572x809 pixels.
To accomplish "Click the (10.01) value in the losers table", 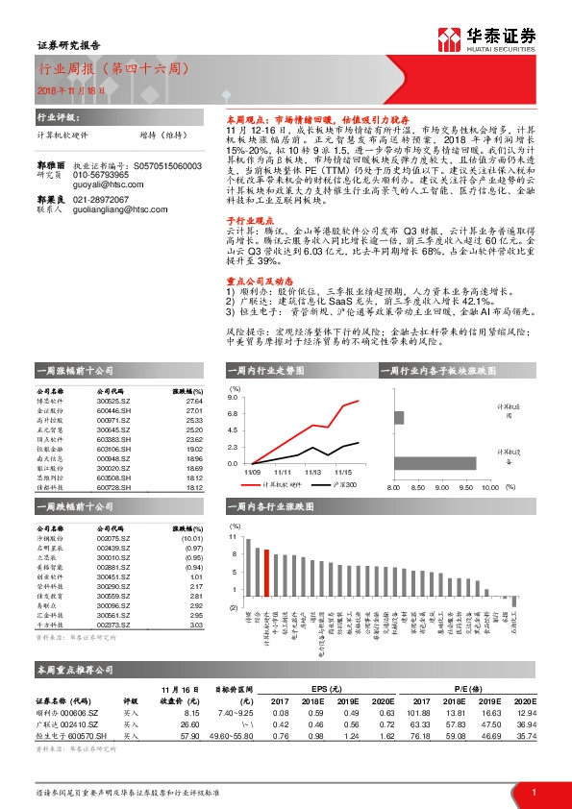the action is [x=191, y=541].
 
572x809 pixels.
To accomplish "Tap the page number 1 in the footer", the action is [x=534, y=791].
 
